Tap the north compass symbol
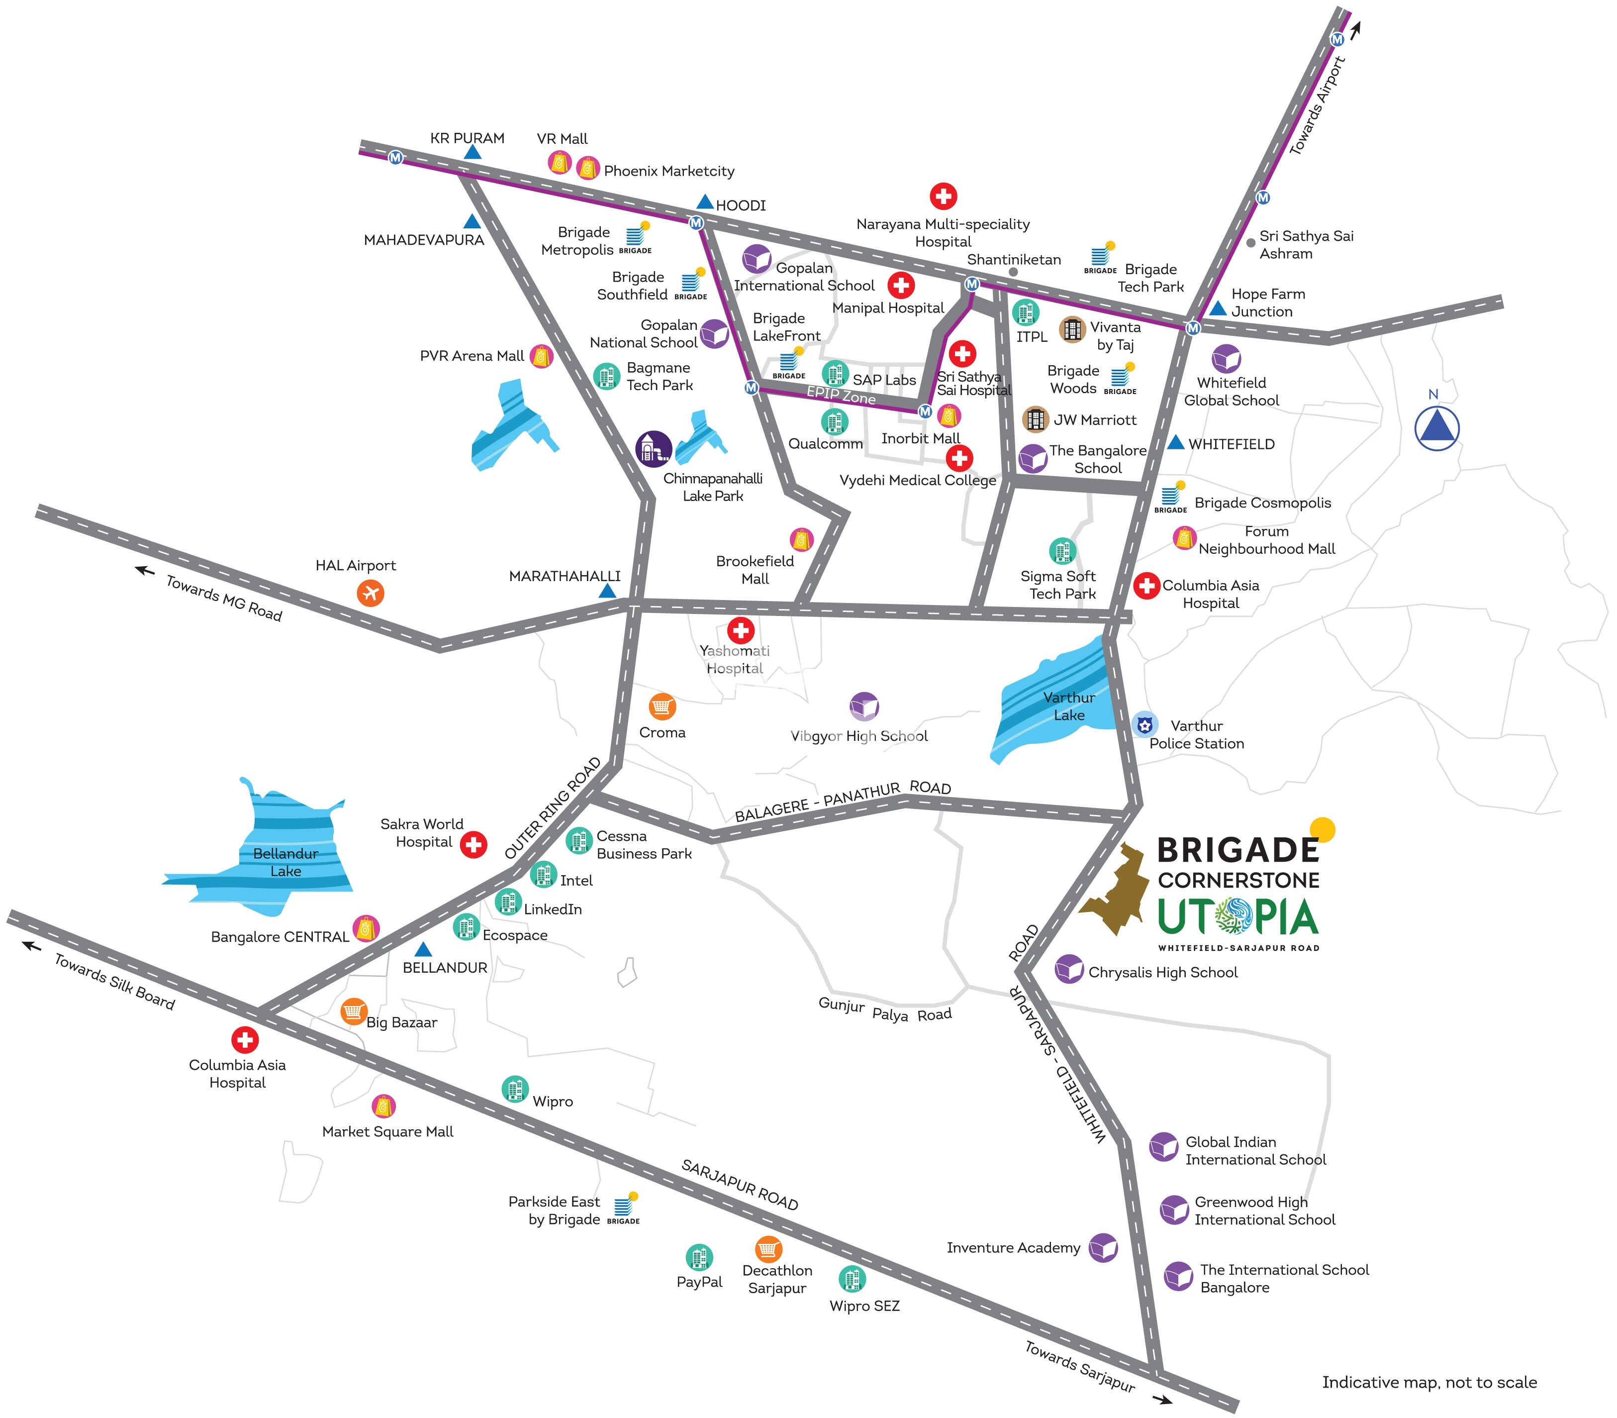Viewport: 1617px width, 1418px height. click(x=1436, y=428)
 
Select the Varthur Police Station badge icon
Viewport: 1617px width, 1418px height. click(x=1144, y=724)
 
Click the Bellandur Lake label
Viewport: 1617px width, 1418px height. click(x=285, y=862)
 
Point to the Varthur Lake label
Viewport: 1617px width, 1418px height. click(x=1069, y=706)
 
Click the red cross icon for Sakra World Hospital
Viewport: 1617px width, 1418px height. click(x=473, y=844)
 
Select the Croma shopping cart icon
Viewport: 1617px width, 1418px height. click(x=662, y=707)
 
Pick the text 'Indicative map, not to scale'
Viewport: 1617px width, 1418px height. click(x=1428, y=1382)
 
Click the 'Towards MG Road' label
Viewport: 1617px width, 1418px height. click(x=224, y=598)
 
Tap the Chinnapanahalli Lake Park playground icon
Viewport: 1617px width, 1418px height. click(x=654, y=449)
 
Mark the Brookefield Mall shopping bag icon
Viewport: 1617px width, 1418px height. click(x=801, y=540)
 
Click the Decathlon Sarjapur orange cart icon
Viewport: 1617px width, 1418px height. click(x=768, y=1249)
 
